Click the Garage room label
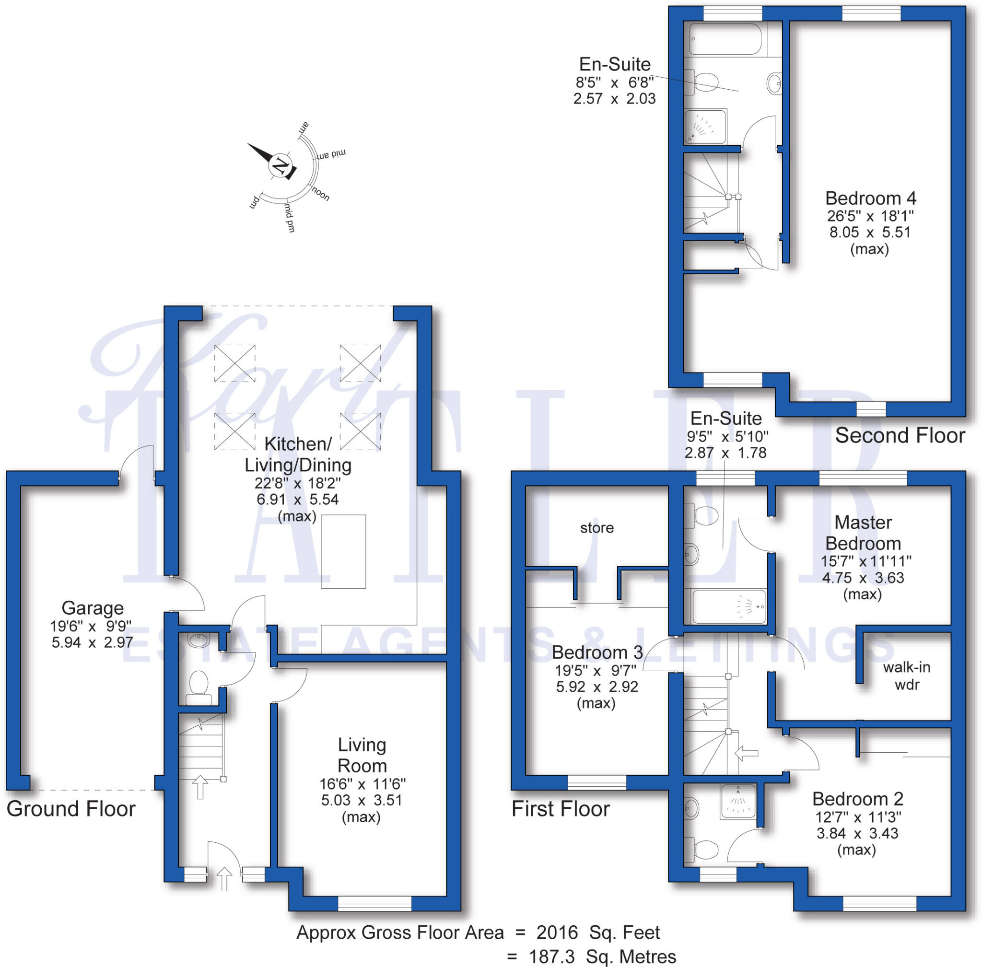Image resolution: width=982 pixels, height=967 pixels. click(x=93, y=608)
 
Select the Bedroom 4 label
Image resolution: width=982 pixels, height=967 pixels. click(x=870, y=198)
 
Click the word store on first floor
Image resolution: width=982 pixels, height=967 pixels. click(x=596, y=528)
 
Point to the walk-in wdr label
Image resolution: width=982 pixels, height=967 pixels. click(x=906, y=676)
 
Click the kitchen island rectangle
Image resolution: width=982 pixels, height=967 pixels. click(x=343, y=551)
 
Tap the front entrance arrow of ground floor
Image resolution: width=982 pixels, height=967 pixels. click(x=224, y=879)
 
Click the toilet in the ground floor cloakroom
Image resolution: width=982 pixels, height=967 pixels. click(x=198, y=686)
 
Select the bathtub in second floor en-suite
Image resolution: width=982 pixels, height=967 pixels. click(x=725, y=39)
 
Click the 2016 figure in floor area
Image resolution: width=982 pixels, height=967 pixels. click(x=557, y=932)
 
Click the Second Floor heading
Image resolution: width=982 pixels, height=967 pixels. click(x=900, y=436)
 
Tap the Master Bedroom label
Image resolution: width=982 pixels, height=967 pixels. click(x=863, y=533)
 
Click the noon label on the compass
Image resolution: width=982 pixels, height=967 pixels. click(x=320, y=194)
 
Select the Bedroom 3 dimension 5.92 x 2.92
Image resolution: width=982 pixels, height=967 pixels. click(x=596, y=687)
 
